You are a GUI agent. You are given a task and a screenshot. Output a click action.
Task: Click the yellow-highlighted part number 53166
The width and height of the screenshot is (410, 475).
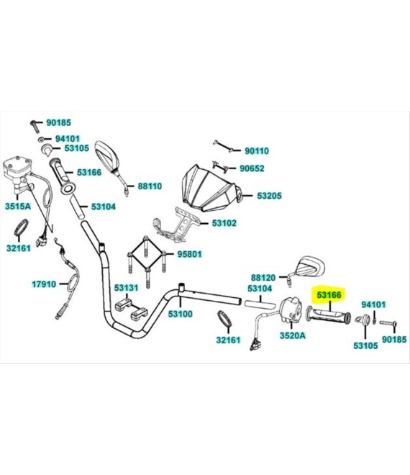(329, 294)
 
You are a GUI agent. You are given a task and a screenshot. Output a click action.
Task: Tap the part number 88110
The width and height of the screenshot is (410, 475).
(150, 186)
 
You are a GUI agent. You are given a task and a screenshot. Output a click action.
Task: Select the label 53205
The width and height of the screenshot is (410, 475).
(269, 196)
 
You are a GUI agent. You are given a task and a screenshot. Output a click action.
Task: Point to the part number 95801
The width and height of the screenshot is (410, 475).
(189, 254)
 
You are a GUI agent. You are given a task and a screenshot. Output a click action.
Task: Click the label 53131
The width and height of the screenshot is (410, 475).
(126, 287)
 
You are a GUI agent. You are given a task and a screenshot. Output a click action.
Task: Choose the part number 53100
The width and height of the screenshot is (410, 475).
(180, 314)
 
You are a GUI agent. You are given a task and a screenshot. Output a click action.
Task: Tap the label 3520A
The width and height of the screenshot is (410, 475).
(293, 335)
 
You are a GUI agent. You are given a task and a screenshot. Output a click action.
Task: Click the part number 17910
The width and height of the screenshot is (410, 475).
(44, 284)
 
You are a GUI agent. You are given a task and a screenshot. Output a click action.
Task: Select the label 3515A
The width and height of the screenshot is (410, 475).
(18, 207)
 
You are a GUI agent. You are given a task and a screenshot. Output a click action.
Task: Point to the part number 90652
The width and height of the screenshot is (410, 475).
(252, 168)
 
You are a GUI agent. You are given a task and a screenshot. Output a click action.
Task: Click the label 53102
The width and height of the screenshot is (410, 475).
(224, 223)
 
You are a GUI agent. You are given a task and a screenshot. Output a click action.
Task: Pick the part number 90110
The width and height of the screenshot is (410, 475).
(257, 150)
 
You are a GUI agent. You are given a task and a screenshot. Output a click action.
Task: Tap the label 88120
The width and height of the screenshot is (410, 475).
(263, 278)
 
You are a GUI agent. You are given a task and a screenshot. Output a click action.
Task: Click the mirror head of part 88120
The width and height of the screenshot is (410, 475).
(311, 265)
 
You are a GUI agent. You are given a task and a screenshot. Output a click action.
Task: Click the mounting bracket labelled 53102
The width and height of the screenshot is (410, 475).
(175, 225)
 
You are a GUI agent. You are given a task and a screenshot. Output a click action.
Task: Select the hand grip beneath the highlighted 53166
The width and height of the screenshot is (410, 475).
(329, 316)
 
